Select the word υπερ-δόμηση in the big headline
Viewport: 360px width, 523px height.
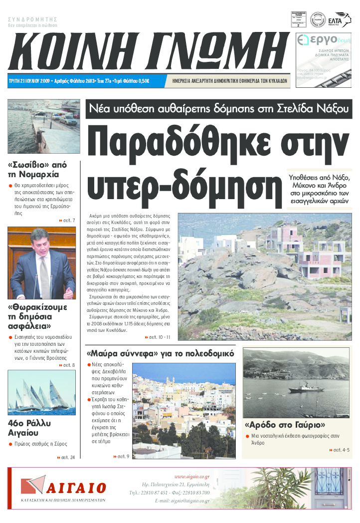[x=184, y=183]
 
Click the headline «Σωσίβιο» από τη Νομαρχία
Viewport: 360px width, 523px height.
[x=37, y=169]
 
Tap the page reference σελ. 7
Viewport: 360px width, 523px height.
[x=67, y=220]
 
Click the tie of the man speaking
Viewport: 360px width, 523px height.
[x=44, y=274]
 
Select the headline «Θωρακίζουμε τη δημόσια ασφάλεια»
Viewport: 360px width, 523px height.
[x=37, y=316]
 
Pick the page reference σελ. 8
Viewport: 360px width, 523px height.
[x=67, y=365]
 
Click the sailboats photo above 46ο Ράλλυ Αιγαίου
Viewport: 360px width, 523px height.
[x=41, y=392]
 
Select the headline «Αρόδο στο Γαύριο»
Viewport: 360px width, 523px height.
[x=285, y=425]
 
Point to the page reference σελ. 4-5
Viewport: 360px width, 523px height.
[x=340, y=450]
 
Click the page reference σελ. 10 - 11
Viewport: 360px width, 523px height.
[x=160, y=337]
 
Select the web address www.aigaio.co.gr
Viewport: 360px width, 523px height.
[x=191, y=477]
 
